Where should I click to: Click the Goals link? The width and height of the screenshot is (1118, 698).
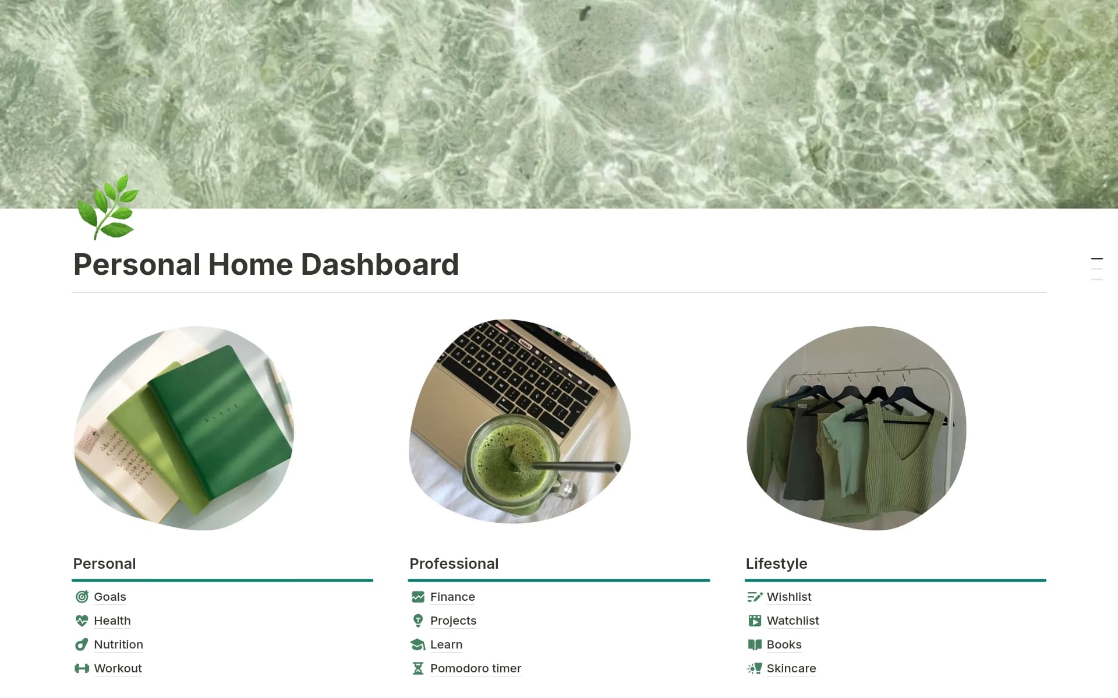pos(109,597)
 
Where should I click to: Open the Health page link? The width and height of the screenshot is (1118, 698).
pos(112,621)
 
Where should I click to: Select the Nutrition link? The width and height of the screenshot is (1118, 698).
pos(118,644)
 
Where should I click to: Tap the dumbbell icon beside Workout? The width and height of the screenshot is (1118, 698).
pos(82,668)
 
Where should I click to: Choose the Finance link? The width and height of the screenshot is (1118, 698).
pos(452,597)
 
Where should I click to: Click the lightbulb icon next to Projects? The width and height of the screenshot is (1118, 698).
pos(418,621)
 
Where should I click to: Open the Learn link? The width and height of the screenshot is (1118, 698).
pos(446,644)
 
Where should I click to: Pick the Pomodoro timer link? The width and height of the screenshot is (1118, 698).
pos(475,668)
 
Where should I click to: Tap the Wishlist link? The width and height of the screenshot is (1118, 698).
pos(788,597)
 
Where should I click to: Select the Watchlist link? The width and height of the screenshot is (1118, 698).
pos(792,621)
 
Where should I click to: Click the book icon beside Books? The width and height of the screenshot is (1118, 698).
pos(754,644)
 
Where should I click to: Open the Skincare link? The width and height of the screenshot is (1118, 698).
pos(791,668)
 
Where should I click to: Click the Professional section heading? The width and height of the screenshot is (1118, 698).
pos(454,564)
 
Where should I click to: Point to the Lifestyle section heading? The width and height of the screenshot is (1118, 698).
pos(776,564)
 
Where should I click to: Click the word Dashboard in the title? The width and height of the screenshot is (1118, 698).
pos(380,265)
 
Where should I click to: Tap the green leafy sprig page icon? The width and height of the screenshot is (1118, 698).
pos(109,208)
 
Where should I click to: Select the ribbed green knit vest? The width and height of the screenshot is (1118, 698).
pos(905,460)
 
